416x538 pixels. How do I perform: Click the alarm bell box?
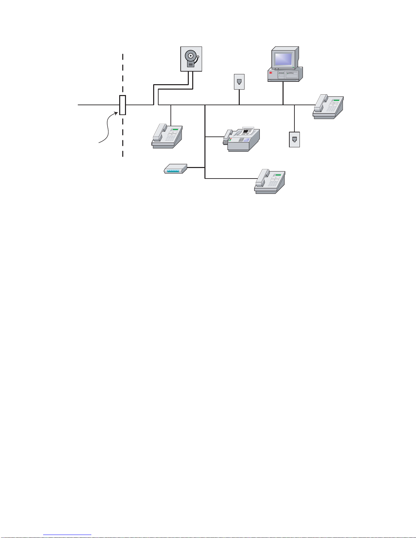(x=191, y=59)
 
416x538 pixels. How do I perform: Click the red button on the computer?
(x=271, y=73)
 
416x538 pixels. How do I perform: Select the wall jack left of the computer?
(x=239, y=82)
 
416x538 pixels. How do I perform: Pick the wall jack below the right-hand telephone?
(x=294, y=140)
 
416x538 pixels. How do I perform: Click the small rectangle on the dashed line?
(x=123, y=105)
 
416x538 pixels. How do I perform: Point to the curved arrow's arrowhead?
(x=117, y=113)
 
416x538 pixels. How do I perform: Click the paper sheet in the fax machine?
(x=248, y=131)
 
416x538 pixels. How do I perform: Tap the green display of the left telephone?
(x=175, y=129)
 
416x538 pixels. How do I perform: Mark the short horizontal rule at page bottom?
(x=67, y=535)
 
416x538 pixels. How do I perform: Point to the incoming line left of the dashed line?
(x=98, y=105)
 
